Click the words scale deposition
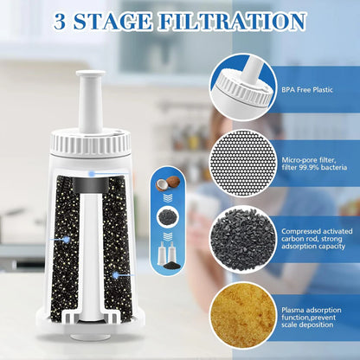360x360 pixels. (316, 321)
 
